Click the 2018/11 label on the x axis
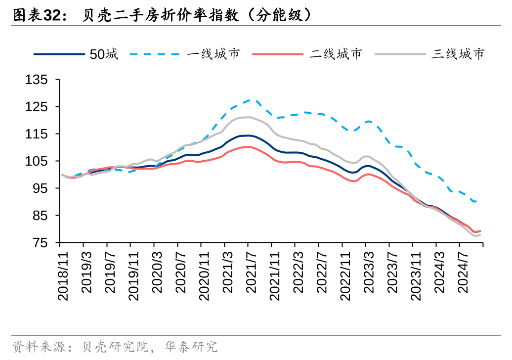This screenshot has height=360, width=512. pos(63,274)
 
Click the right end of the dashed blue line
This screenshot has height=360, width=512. pos(477,201)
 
